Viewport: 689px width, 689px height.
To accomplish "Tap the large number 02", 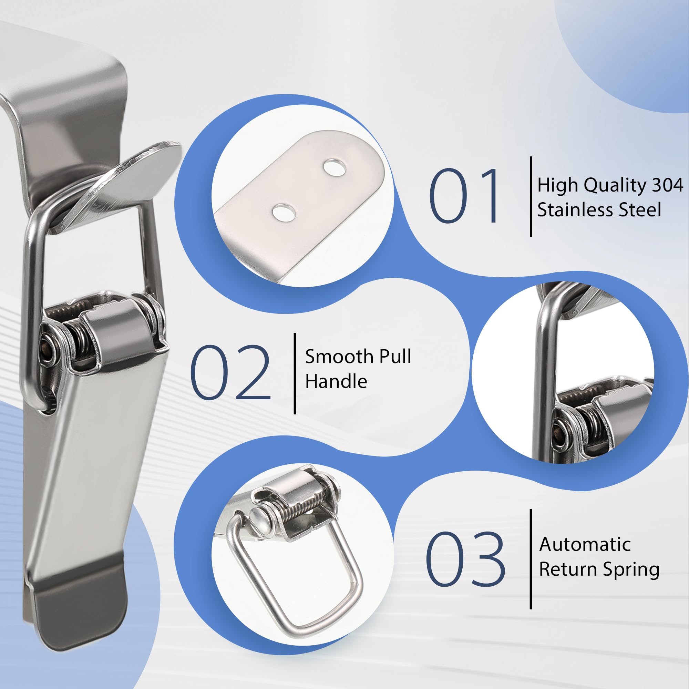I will tap(231, 373).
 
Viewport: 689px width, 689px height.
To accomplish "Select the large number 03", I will tap(465, 558).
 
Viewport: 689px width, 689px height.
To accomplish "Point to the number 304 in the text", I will tap(668, 185).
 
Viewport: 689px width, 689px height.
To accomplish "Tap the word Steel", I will tap(640, 210).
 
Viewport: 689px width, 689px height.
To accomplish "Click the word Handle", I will tap(336, 381).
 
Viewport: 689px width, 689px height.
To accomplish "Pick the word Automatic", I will tap(585, 545).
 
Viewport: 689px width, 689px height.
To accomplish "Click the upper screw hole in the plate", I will tap(334, 168).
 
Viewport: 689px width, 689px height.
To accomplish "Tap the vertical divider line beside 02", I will tap(295, 373).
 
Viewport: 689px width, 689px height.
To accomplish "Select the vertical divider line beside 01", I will tap(531, 196).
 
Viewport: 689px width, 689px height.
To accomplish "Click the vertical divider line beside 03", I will tap(531, 559).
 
